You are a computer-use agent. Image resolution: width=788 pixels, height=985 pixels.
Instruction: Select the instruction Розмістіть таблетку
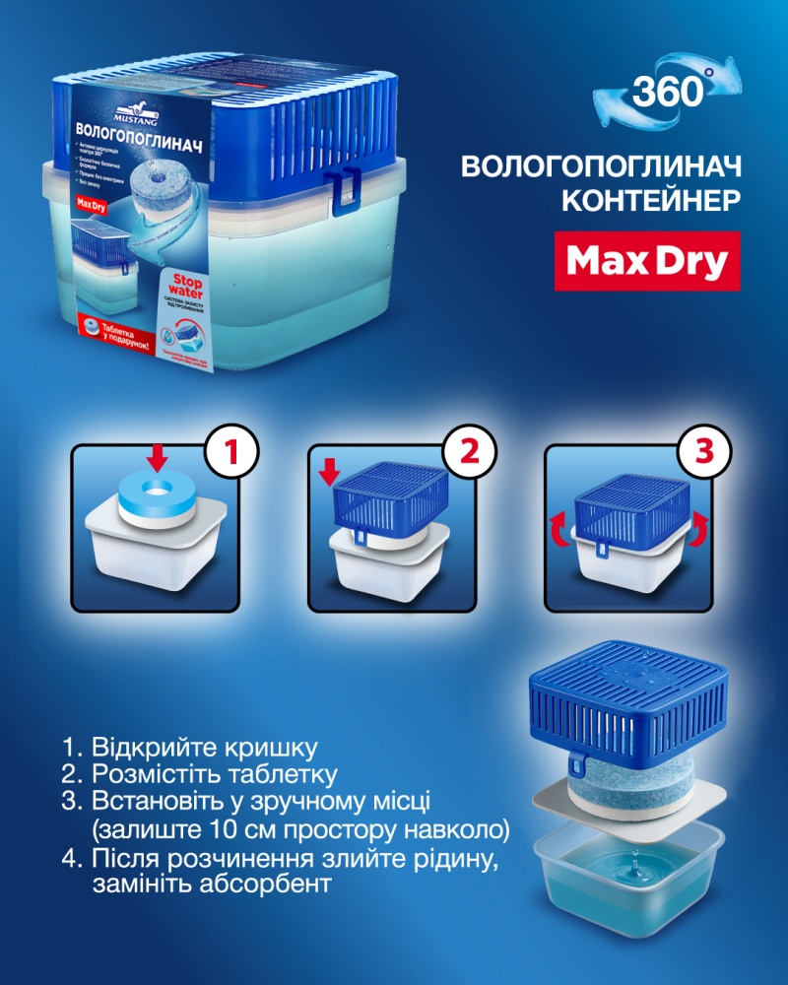tap(212, 773)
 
